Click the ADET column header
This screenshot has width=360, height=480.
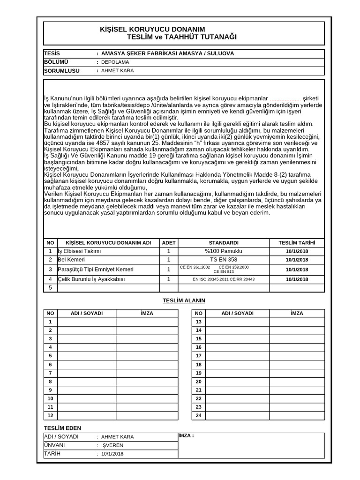point(168,243)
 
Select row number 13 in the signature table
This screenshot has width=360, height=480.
point(198,322)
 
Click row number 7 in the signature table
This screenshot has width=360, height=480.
point(50,373)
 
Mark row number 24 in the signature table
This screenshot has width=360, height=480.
point(198,415)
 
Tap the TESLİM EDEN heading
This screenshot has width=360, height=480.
point(62,428)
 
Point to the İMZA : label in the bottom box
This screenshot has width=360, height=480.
point(186,436)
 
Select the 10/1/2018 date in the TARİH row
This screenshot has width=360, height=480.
point(112,454)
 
